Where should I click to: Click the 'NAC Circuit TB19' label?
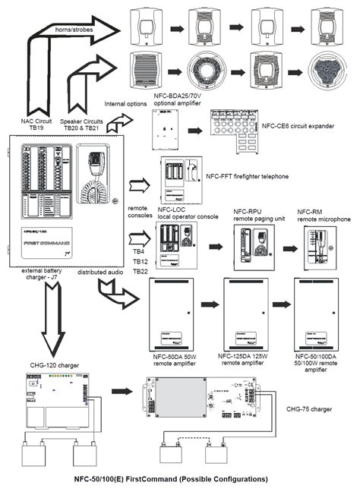[x=36, y=125]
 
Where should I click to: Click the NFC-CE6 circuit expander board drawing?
[x=232, y=122]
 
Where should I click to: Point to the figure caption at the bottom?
[x=171, y=480]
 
